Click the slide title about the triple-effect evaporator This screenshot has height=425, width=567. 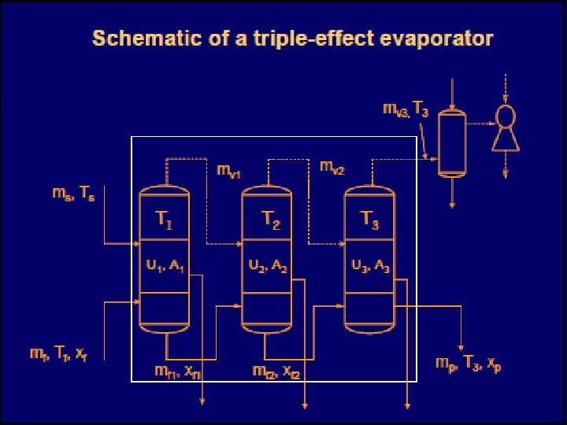point(293,39)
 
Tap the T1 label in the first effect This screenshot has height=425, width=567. point(164,222)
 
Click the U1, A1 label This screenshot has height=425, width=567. point(165,266)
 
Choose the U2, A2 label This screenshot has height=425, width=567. point(268,266)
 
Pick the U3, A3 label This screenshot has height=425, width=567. point(370,266)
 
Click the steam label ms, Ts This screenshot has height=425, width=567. point(73,194)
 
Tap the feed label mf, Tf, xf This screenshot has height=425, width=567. point(69,356)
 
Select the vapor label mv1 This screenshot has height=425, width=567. point(229,171)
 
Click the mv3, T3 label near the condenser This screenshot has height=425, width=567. point(406,109)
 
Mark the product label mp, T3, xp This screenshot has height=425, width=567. point(468,364)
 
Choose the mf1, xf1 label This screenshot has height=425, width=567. point(178,370)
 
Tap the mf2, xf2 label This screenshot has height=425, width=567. point(276,370)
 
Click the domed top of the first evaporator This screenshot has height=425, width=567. point(164,193)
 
